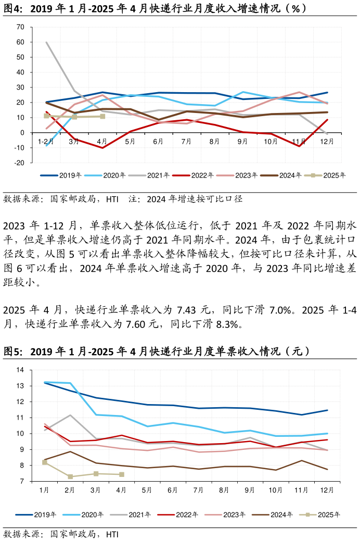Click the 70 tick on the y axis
pos(20,27)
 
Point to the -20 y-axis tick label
pos(19,163)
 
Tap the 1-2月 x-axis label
pos(46,141)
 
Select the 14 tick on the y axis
pos(20,370)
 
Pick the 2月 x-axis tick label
pos(70,490)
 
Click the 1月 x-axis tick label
pos(44,490)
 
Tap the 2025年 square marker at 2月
pos(70,476)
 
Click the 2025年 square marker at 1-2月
pos(46,116)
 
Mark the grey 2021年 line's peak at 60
pos(46,42)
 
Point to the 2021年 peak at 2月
pos(70,415)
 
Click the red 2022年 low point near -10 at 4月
pos(102,148)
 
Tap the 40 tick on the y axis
pos(20,72)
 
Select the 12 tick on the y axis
pos(20,402)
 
